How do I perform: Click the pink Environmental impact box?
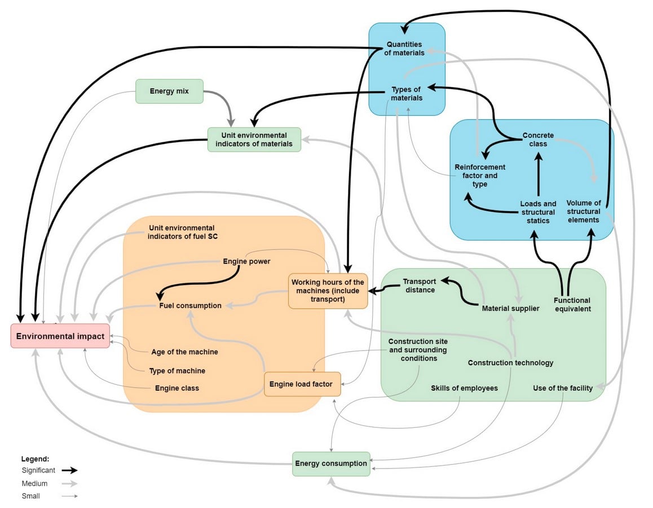click(60, 336)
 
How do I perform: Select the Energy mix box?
click(170, 91)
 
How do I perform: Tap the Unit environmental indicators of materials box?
click(254, 139)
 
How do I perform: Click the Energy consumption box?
click(331, 464)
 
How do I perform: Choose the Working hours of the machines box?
click(328, 291)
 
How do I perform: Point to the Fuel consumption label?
click(191, 305)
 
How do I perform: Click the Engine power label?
click(246, 261)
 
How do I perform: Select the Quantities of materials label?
click(404, 49)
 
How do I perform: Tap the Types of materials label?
click(407, 94)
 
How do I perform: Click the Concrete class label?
click(538, 139)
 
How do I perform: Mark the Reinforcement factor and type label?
click(480, 176)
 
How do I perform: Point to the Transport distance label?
click(420, 286)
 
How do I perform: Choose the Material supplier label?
click(510, 308)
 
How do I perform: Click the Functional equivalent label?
click(572, 305)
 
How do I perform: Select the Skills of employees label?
click(464, 388)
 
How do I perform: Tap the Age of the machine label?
click(184, 352)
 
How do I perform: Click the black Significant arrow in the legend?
click(69, 470)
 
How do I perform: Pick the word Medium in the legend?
click(34, 483)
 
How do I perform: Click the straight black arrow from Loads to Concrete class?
click(539, 174)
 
